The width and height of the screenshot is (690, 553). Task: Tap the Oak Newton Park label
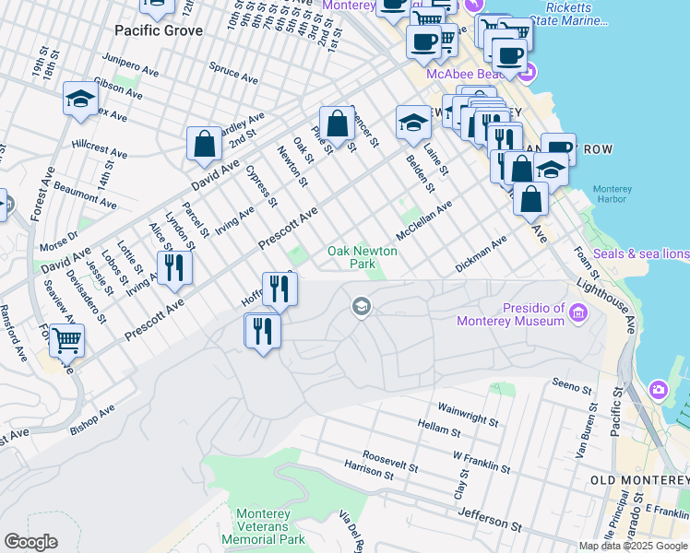pos(363,257)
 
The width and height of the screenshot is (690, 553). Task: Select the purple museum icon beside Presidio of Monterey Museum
pos(578,314)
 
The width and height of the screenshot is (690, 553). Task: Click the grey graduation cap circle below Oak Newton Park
pos(362,306)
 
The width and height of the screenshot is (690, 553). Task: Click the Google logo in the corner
pos(30,542)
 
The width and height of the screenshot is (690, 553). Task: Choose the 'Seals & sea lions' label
pos(640,253)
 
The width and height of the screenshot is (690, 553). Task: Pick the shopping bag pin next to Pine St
pos(338,123)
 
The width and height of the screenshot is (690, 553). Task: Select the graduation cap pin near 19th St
pos(80,99)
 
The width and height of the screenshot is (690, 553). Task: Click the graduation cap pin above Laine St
pos(413,122)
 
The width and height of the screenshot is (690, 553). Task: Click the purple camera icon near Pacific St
pos(658,390)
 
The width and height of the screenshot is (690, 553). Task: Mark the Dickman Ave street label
pos(482,255)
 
